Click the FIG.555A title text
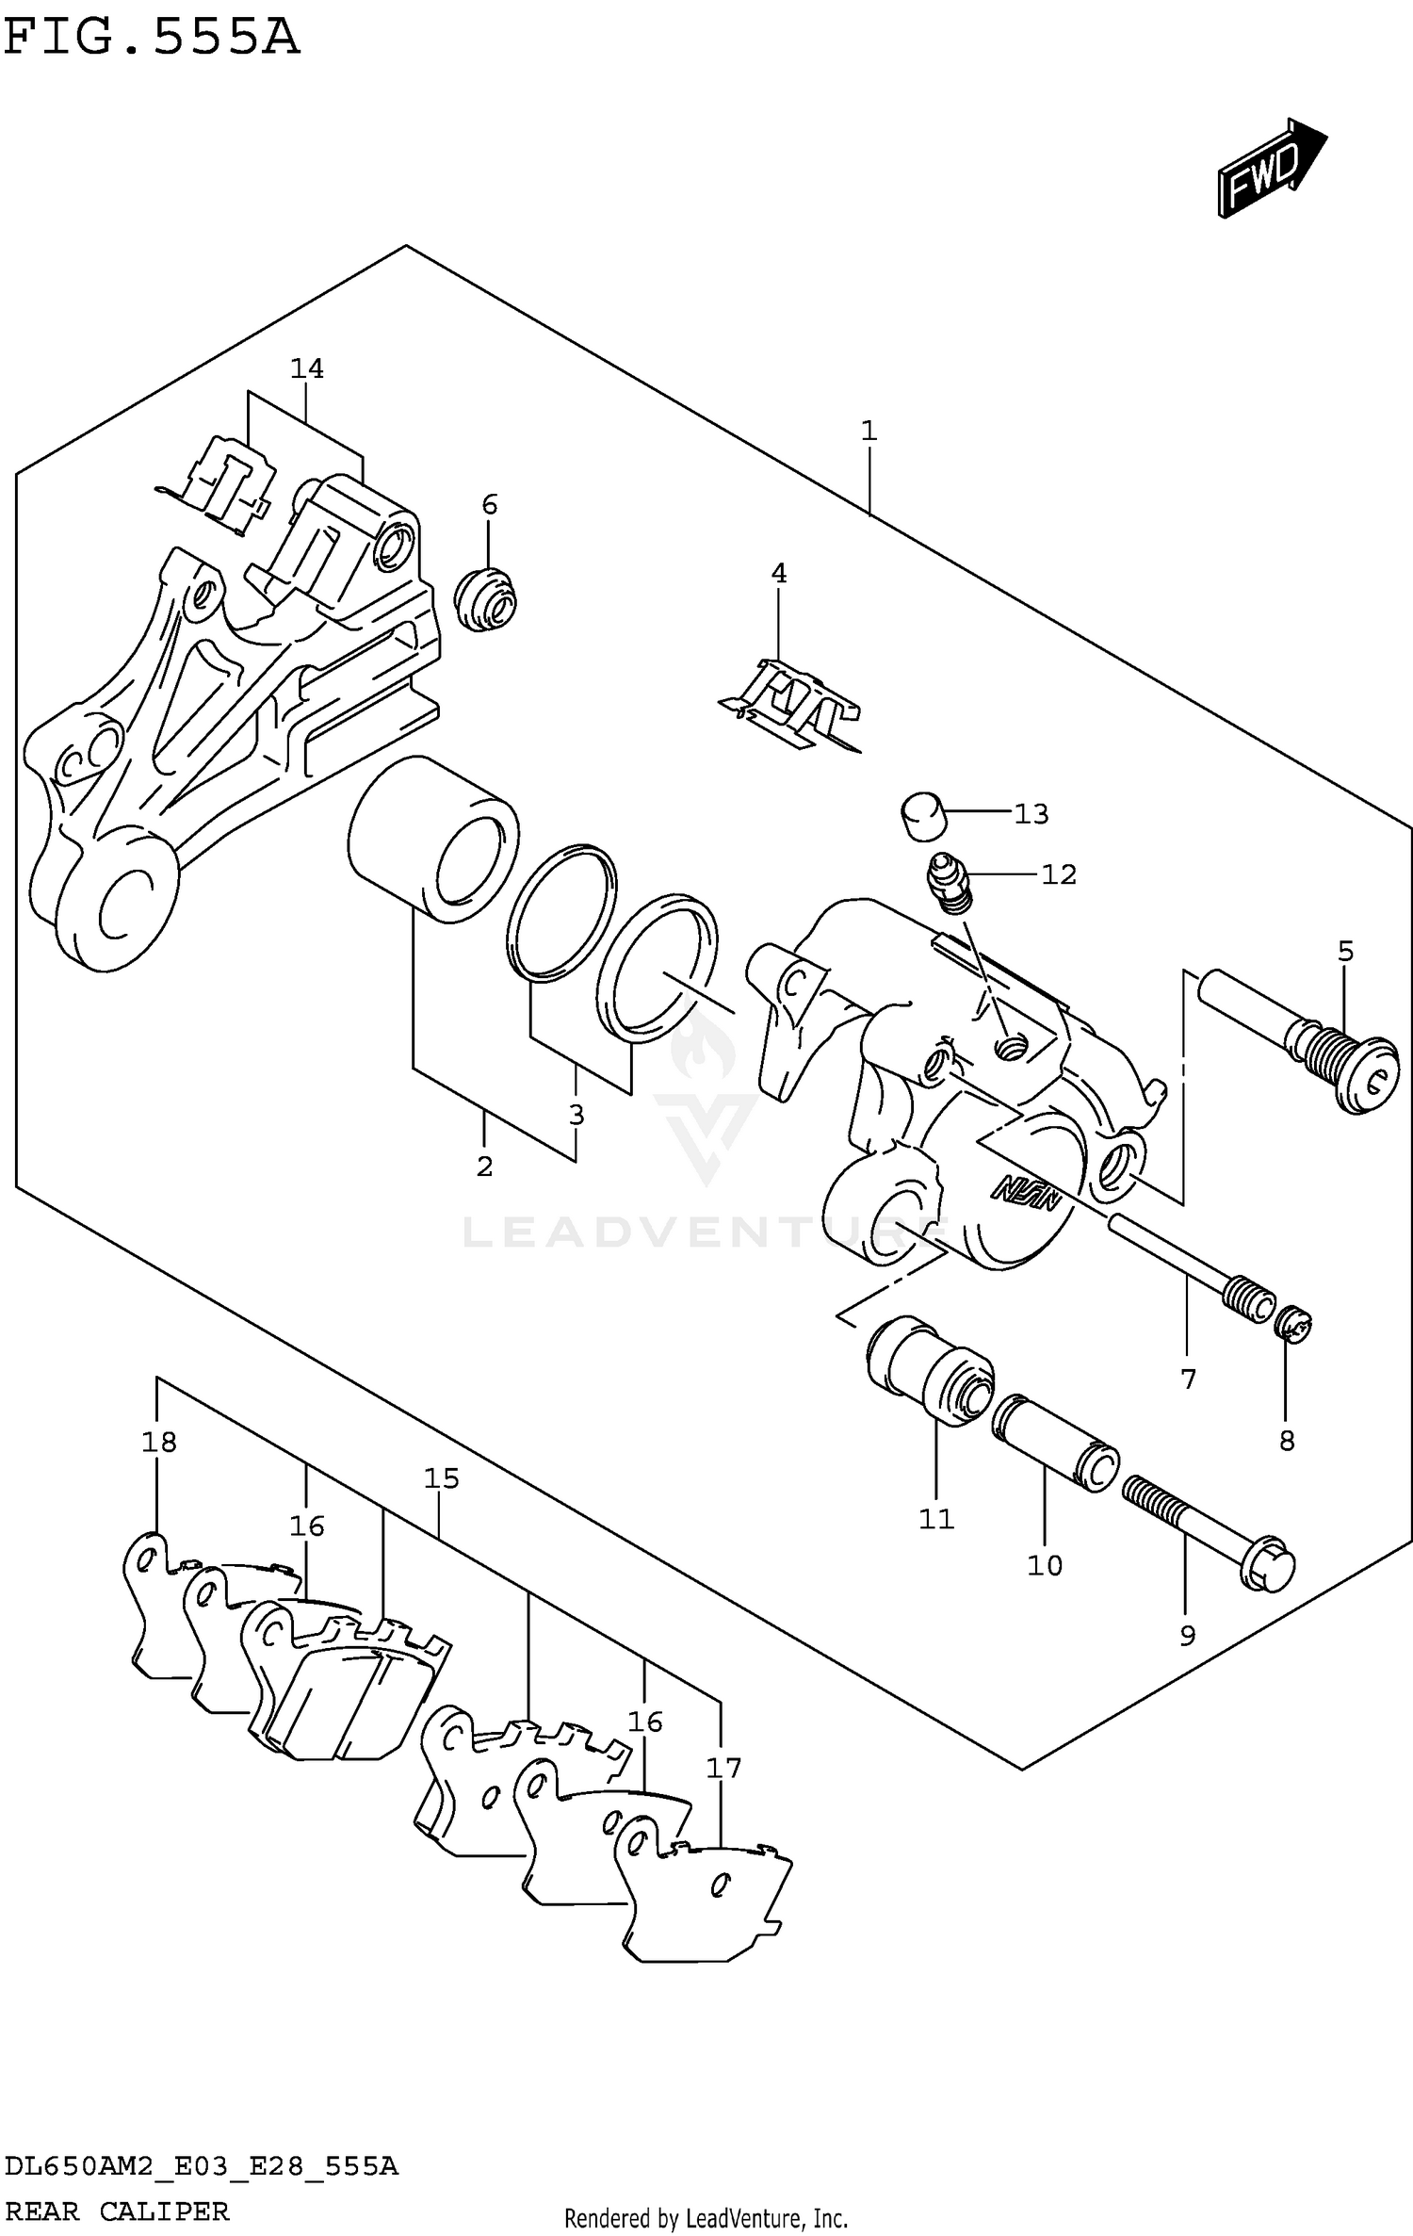(151, 38)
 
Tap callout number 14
(307, 368)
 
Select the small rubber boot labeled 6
(486, 599)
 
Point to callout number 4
(778, 573)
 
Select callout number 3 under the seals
(577, 1114)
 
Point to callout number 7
(1188, 1379)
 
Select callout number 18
(159, 1442)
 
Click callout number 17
(723, 1768)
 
